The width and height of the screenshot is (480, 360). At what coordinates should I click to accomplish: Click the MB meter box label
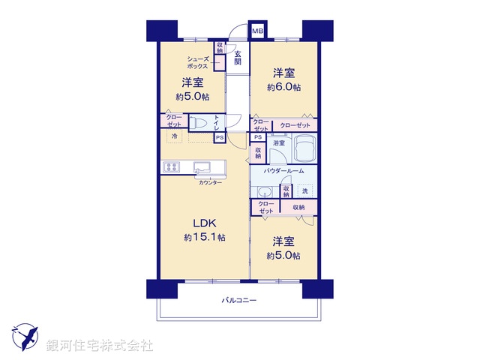tap(257, 31)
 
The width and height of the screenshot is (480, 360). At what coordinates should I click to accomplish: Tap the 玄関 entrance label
tap(237, 58)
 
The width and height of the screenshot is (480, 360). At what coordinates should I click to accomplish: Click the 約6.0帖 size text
tap(284, 88)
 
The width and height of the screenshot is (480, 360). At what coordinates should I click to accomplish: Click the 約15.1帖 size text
tap(205, 237)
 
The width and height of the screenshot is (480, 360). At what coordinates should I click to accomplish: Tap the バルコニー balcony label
tap(238, 301)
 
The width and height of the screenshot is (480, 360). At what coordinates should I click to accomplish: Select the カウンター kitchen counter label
tap(209, 183)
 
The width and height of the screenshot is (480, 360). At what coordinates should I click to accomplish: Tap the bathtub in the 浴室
tap(304, 151)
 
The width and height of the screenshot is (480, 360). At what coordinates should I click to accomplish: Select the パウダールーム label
tap(283, 172)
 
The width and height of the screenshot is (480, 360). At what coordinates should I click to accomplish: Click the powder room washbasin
tap(262, 191)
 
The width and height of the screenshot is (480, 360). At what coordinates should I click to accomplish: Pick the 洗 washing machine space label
tap(304, 190)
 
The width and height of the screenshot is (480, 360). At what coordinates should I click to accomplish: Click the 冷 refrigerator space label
tap(174, 136)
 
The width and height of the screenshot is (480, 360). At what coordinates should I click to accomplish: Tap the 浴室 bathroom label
tap(278, 142)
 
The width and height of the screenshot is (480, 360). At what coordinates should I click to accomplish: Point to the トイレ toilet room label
tap(217, 121)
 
